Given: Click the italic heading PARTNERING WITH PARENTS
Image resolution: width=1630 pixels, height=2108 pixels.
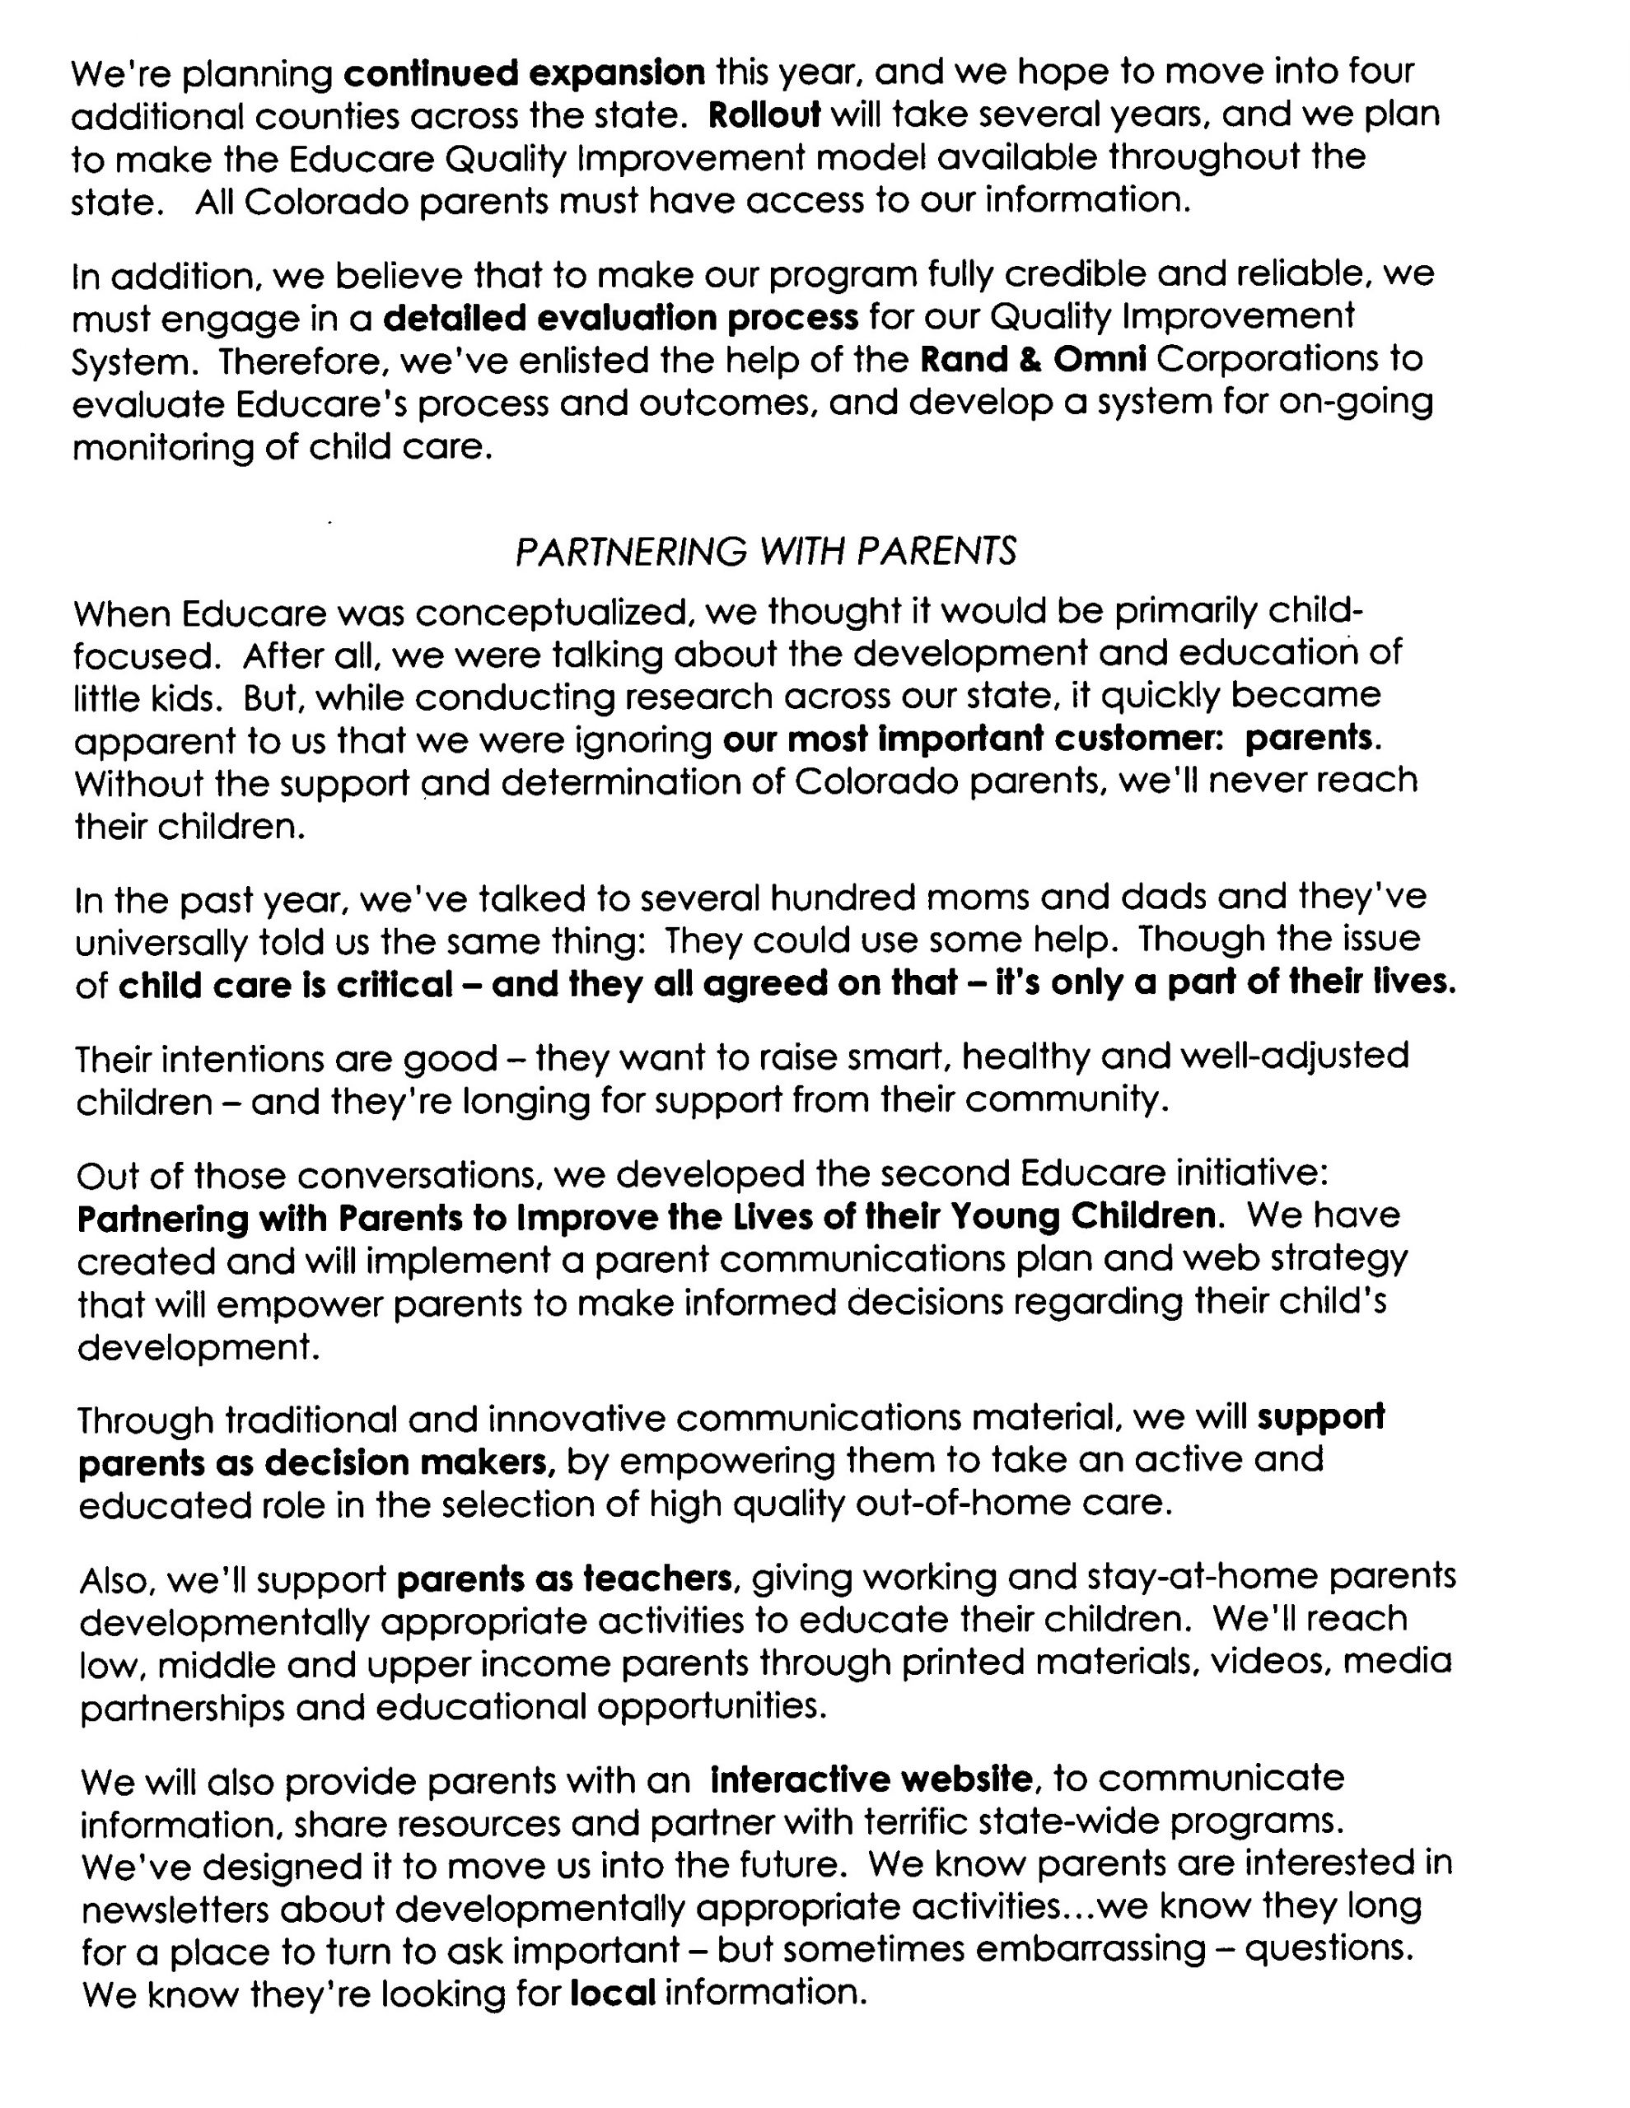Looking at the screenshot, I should coord(766,551).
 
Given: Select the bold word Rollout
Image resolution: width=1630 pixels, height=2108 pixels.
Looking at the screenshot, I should coord(764,114).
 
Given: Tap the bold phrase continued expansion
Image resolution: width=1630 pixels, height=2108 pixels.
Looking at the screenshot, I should coord(525,72).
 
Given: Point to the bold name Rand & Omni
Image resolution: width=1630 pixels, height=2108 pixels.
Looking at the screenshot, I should coord(1032,359).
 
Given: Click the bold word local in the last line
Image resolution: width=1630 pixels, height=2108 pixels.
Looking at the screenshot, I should coord(613,1992).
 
